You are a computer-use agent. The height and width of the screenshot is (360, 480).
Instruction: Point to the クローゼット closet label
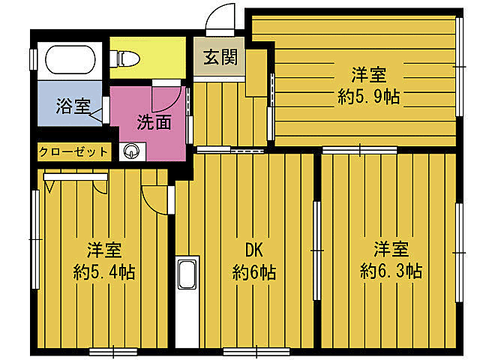pyautogui.click(x=73, y=152)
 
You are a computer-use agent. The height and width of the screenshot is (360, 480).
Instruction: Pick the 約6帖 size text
pyautogui.click(x=253, y=271)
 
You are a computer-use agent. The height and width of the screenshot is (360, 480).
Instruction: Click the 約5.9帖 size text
pyautogui.click(x=368, y=97)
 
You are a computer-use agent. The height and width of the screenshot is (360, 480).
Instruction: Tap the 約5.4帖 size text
pyautogui.click(x=104, y=271)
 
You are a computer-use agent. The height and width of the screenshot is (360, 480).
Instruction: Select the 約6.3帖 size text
pyautogui.click(x=391, y=270)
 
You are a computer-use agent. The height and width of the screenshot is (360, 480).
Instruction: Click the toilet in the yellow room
pyautogui.click(x=126, y=57)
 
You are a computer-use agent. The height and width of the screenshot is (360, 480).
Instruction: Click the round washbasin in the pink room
pyautogui.click(x=132, y=152)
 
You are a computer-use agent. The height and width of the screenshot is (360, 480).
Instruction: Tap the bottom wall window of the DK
pyautogui.click(x=256, y=351)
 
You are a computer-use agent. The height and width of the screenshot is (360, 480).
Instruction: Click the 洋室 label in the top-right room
pyautogui.click(x=368, y=75)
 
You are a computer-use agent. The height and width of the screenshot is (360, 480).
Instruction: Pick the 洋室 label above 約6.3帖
pyautogui.click(x=391, y=248)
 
